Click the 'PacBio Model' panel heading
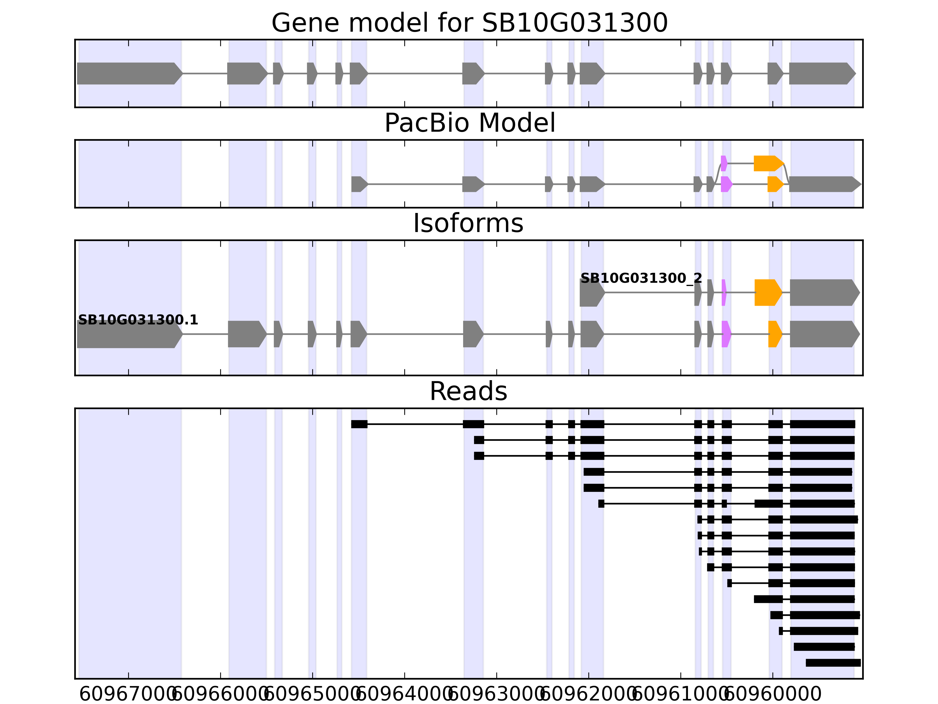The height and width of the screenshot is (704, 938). pyautogui.click(x=469, y=123)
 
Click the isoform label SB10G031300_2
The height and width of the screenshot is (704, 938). pyautogui.click(x=641, y=278)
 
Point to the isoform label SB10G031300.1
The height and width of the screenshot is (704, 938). pyautogui.click(x=138, y=320)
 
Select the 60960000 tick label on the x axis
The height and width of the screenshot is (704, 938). pyautogui.click(x=773, y=695)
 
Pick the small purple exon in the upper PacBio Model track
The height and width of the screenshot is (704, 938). pyautogui.click(x=724, y=163)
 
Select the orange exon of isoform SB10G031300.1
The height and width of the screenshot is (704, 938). pyautogui.click(x=775, y=334)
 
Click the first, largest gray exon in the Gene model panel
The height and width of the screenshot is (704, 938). pyautogui.click(x=128, y=73)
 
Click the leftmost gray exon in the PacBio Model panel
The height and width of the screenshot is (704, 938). pyautogui.click(x=359, y=184)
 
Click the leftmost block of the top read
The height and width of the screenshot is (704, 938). pyautogui.click(x=359, y=424)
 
